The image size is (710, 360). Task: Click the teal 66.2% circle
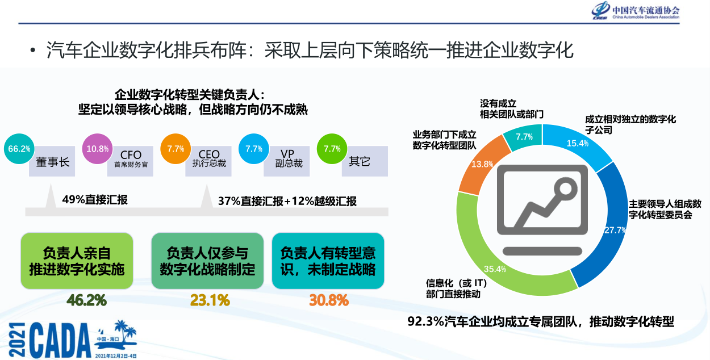click(x=19, y=149)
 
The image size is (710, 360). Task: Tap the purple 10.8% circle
click(x=97, y=149)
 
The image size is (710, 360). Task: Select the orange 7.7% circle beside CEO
click(x=176, y=149)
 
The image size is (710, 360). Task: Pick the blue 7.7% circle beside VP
click(x=254, y=149)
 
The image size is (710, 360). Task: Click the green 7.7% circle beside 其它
click(x=332, y=149)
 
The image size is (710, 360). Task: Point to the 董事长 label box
click(x=53, y=162)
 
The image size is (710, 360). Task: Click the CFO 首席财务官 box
click(x=131, y=162)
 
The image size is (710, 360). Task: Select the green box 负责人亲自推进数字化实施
click(x=77, y=261)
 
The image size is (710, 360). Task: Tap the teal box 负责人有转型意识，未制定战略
click(x=328, y=261)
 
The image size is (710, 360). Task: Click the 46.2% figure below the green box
click(x=86, y=300)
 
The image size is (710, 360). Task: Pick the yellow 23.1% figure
click(x=210, y=300)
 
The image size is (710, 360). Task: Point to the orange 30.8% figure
click(x=329, y=300)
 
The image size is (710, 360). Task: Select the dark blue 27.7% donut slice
click(x=613, y=228)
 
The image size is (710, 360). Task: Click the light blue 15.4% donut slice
click(x=577, y=143)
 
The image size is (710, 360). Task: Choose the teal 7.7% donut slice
click(x=524, y=136)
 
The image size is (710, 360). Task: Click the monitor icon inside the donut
click(x=542, y=210)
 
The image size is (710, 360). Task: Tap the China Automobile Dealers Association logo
click(x=635, y=11)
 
